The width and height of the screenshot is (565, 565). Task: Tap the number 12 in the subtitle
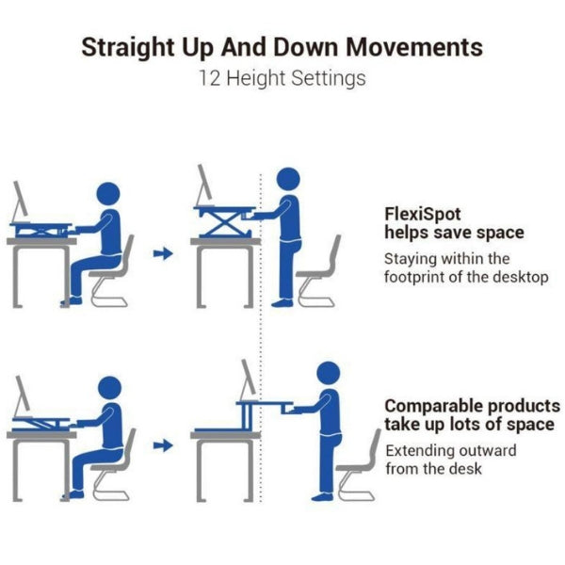coord(210,78)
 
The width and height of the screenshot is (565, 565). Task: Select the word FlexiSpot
coord(422,215)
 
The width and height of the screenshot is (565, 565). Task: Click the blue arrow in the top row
coord(163,253)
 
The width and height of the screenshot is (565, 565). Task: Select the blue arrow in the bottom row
coord(163,445)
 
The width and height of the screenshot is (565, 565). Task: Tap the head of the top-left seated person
coord(108,194)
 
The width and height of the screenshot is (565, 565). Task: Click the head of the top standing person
coord(288,180)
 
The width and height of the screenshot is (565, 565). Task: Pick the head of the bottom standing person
coord(329,373)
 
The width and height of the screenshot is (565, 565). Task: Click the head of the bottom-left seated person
coord(109,388)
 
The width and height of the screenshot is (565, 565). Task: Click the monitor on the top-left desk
coord(21,202)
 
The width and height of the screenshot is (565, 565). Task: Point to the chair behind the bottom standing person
coord(359,467)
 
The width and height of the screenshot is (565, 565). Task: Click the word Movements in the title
coord(414,47)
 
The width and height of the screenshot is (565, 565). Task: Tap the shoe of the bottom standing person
coord(322,497)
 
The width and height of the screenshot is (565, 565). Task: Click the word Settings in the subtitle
coord(329,79)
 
